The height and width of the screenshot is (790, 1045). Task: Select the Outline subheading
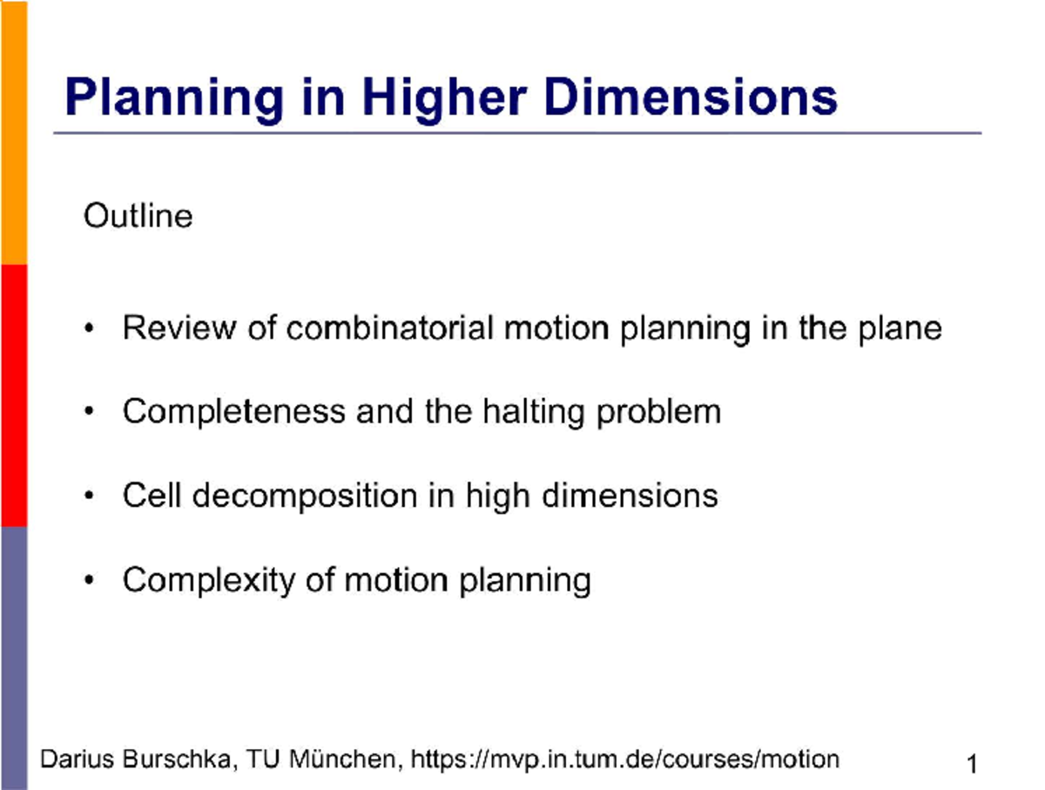138,215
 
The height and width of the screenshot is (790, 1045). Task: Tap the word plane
900,328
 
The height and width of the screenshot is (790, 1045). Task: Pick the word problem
658,411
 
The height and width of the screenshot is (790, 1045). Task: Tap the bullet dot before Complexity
90,581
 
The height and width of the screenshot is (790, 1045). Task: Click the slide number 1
972,765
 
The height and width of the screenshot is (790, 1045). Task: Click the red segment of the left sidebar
13,395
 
